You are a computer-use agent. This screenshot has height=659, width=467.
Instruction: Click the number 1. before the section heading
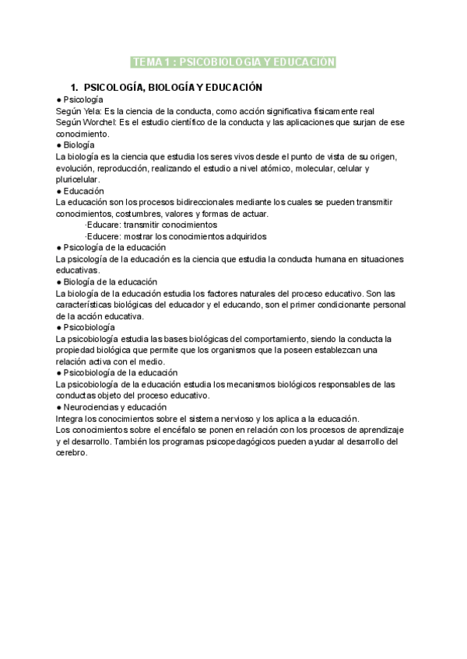[75, 88]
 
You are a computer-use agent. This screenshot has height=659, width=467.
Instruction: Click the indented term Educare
[104, 225]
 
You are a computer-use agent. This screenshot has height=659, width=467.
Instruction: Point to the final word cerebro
[74, 453]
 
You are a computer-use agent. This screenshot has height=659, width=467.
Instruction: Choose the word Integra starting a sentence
[71, 418]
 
